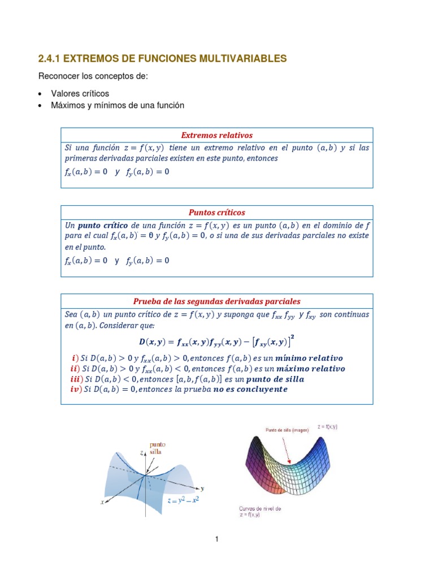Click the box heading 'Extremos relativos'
(216, 135)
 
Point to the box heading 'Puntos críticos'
(216, 213)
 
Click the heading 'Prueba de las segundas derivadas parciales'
(216, 301)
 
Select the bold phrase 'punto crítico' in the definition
(102, 224)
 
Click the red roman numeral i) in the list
(75, 358)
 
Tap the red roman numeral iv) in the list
(74, 390)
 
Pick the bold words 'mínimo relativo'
(305, 358)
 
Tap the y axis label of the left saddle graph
(202, 487)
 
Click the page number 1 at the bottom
(216, 539)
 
